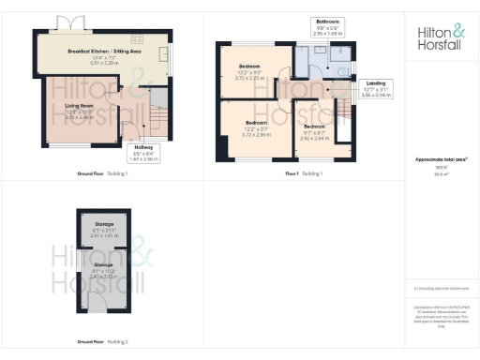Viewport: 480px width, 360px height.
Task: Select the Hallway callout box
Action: pos(144,152)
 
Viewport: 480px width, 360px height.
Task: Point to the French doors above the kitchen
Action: pos(67,22)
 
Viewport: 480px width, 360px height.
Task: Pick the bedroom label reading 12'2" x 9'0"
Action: pos(248,69)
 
